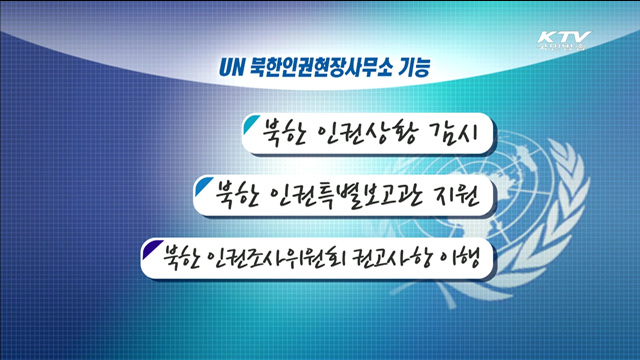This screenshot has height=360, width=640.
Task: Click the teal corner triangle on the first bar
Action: click(x=246, y=124)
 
